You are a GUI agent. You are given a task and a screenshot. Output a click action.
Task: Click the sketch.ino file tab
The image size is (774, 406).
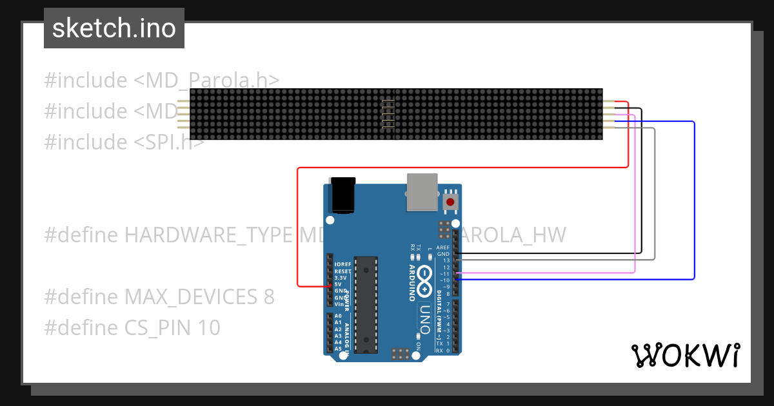[x=114, y=28]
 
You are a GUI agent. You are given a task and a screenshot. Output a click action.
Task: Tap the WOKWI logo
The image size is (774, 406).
[x=685, y=355]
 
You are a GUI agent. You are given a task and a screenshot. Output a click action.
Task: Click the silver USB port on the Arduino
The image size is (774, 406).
[x=422, y=191]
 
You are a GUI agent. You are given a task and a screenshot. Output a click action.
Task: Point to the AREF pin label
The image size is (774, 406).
[x=443, y=247]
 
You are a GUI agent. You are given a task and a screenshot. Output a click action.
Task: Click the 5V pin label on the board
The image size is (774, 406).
[x=338, y=284]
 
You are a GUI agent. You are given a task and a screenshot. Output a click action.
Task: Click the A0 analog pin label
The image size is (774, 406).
[x=339, y=316]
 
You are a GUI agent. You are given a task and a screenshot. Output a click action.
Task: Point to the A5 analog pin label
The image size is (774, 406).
[x=339, y=349]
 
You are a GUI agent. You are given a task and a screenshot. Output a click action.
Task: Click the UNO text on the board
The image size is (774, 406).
[x=424, y=318]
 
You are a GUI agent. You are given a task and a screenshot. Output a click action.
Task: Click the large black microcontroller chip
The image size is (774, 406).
[x=366, y=304]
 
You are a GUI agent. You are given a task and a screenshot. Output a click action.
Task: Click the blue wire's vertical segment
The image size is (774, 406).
[x=694, y=200]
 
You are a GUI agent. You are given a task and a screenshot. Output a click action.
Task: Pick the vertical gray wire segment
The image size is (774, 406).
[x=655, y=193]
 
